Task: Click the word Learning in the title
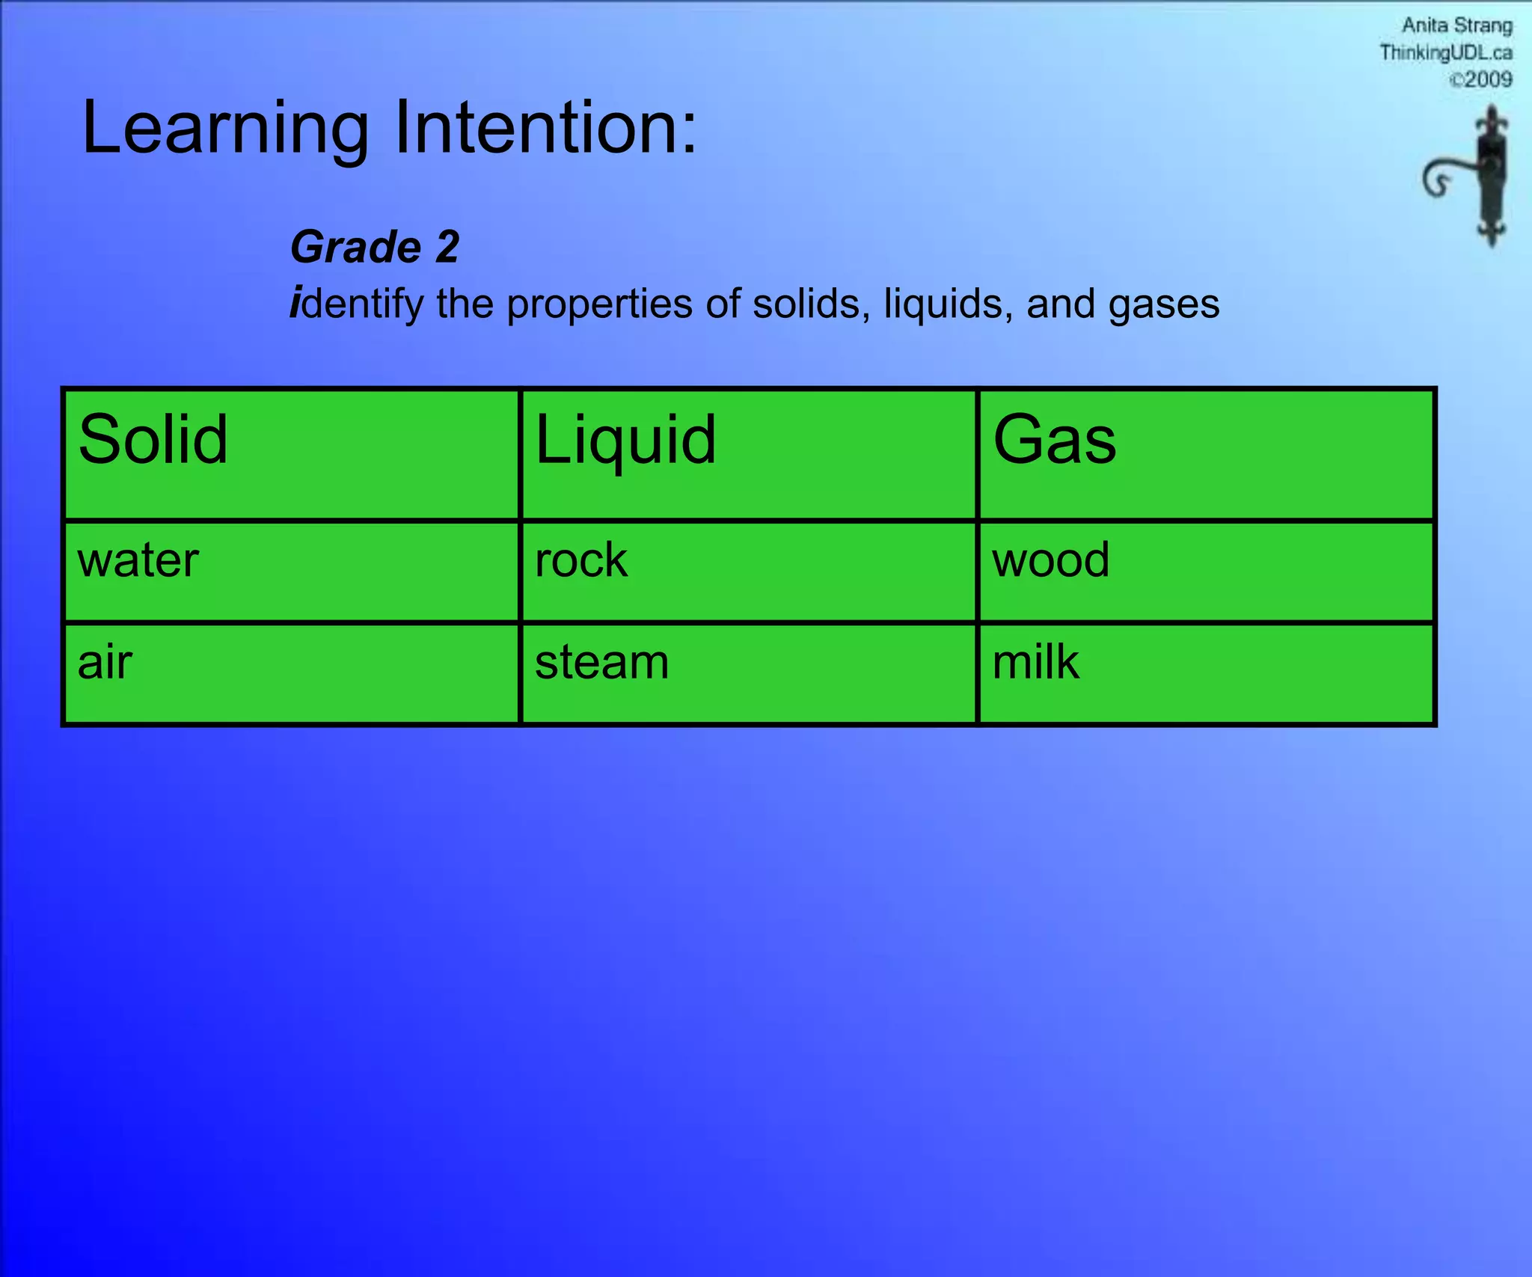click(224, 129)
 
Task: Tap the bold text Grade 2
click(374, 247)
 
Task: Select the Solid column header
click(291, 454)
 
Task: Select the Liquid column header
click(748, 454)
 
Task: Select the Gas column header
click(1206, 454)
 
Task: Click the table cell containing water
click(291, 571)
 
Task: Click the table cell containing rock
click(748, 571)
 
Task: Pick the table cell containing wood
click(1206, 571)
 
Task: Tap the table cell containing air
click(291, 673)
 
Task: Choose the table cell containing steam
click(748, 673)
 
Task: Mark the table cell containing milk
click(1206, 673)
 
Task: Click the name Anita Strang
click(1456, 25)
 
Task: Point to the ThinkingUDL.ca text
click(1445, 52)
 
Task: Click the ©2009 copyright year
click(1480, 79)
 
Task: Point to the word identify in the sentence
click(357, 305)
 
